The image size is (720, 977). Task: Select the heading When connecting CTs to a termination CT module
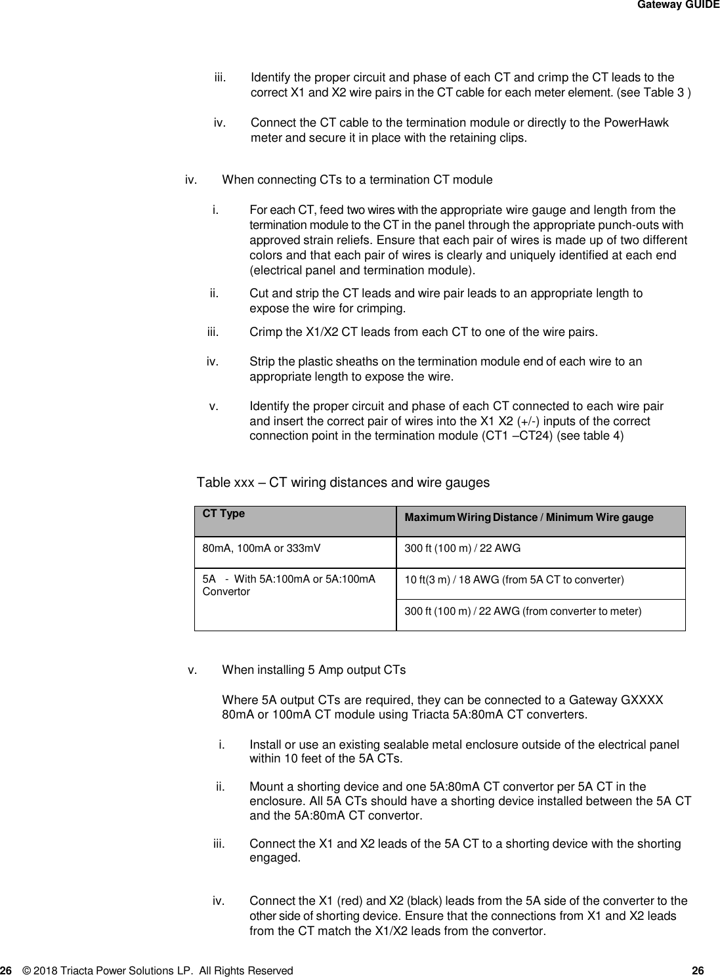tap(357, 180)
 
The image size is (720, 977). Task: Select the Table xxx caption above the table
tap(343, 483)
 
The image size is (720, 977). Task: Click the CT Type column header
tap(223, 514)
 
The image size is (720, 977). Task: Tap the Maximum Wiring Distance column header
tap(528, 518)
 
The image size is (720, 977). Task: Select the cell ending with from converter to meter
tap(522, 612)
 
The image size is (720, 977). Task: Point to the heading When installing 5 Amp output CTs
tap(314, 670)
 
